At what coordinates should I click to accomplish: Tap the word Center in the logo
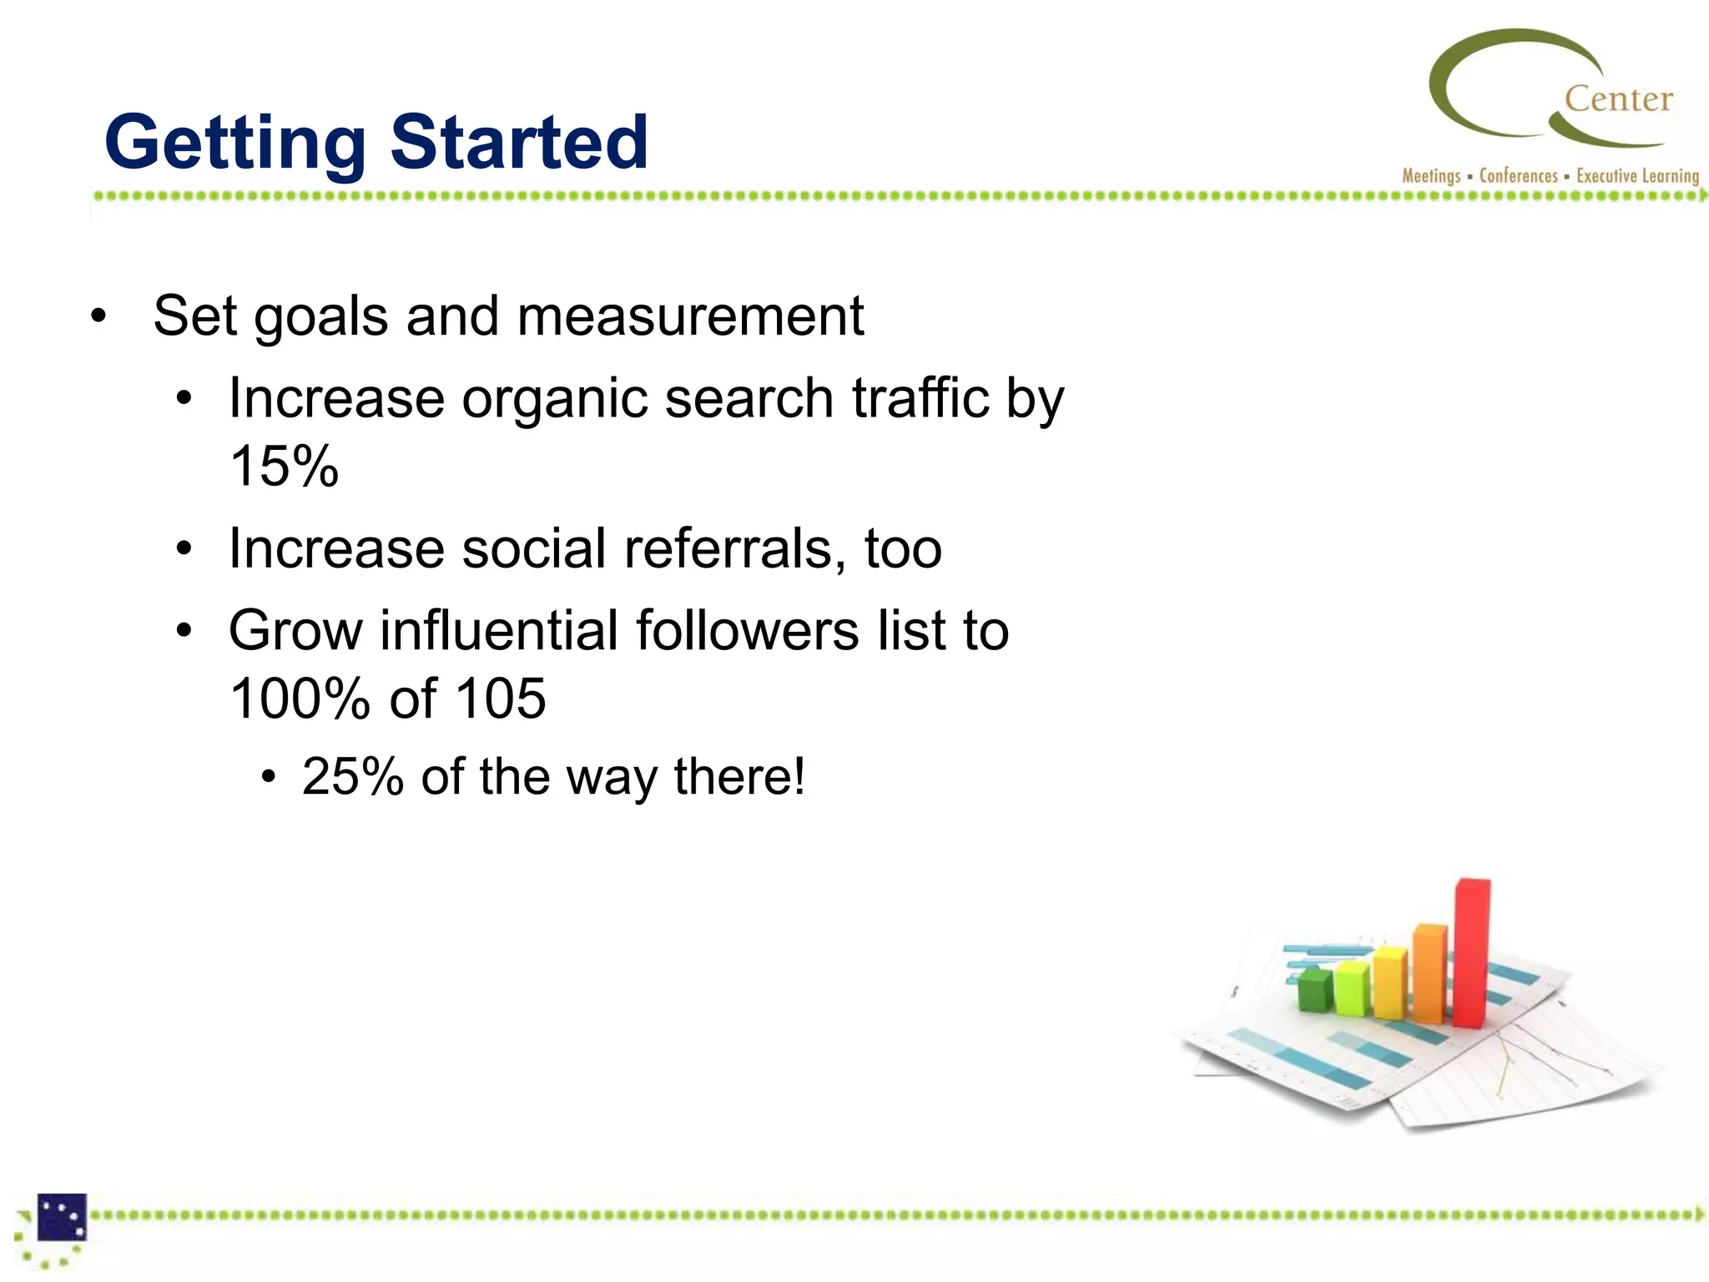[x=1618, y=99]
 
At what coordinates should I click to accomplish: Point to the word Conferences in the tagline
[x=1518, y=176]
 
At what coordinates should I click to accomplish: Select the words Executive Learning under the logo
[x=1637, y=176]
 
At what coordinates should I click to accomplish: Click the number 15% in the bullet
[x=284, y=466]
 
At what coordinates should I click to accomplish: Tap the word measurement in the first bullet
[x=690, y=316]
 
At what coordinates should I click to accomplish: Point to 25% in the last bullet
[x=353, y=777]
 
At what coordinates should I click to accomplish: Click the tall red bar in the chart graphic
[x=1471, y=951]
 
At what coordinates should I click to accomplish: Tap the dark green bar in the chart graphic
[x=1315, y=991]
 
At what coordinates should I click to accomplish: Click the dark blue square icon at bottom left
[x=62, y=1218]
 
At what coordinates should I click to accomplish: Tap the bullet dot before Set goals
[x=99, y=316]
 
